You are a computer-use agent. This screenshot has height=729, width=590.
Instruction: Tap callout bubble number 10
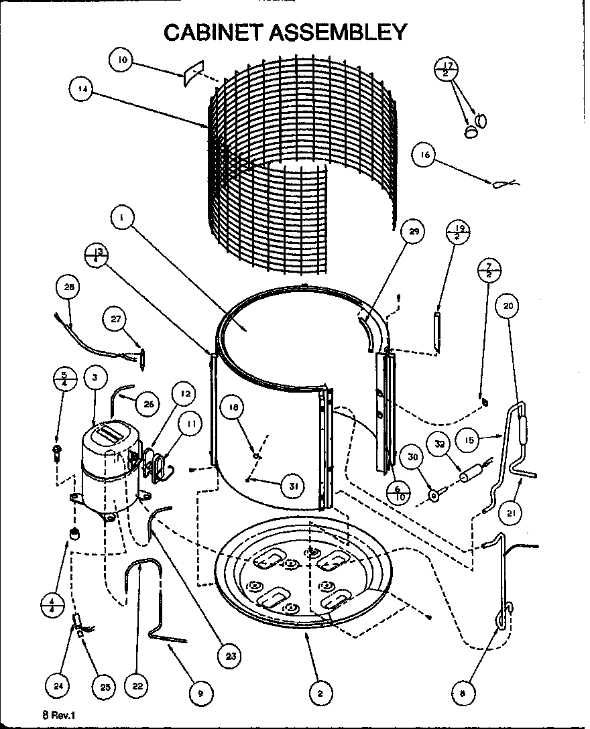click(121, 60)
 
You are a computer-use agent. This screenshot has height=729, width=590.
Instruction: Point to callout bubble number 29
click(413, 232)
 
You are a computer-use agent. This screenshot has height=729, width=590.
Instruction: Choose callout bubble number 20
click(508, 306)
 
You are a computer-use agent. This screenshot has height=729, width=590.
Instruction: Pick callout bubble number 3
click(96, 378)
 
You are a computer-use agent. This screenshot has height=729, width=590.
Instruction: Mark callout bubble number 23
click(231, 657)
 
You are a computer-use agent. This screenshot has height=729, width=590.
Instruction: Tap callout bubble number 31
click(292, 486)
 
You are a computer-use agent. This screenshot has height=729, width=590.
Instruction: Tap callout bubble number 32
click(440, 444)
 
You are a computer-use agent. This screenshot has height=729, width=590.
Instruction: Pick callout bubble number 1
click(123, 217)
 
